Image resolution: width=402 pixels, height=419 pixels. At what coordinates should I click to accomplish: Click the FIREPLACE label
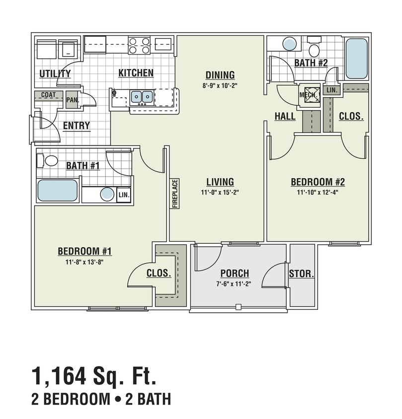(175, 193)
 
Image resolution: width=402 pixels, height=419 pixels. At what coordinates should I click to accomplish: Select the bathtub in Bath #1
(58, 191)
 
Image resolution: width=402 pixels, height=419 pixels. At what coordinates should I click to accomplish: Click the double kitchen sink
(141, 96)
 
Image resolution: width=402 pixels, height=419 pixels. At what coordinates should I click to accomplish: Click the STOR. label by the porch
(302, 274)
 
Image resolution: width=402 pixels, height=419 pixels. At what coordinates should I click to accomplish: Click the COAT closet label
(49, 95)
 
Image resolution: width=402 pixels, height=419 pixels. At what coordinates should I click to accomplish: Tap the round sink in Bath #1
(107, 194)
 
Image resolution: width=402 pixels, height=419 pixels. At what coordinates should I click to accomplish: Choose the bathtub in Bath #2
(356, 58)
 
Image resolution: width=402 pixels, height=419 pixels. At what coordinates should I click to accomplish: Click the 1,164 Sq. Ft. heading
(94, 376)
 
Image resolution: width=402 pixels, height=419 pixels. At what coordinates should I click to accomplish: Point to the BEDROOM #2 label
(318, 182)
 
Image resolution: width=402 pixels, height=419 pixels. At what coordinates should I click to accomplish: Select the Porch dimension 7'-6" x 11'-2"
(234, 284)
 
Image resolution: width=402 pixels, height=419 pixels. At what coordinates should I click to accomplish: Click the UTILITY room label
(55, 74)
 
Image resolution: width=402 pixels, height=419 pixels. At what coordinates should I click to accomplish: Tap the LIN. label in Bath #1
(123, 195)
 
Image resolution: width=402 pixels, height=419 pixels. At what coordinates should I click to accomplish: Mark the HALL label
(285, 116)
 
